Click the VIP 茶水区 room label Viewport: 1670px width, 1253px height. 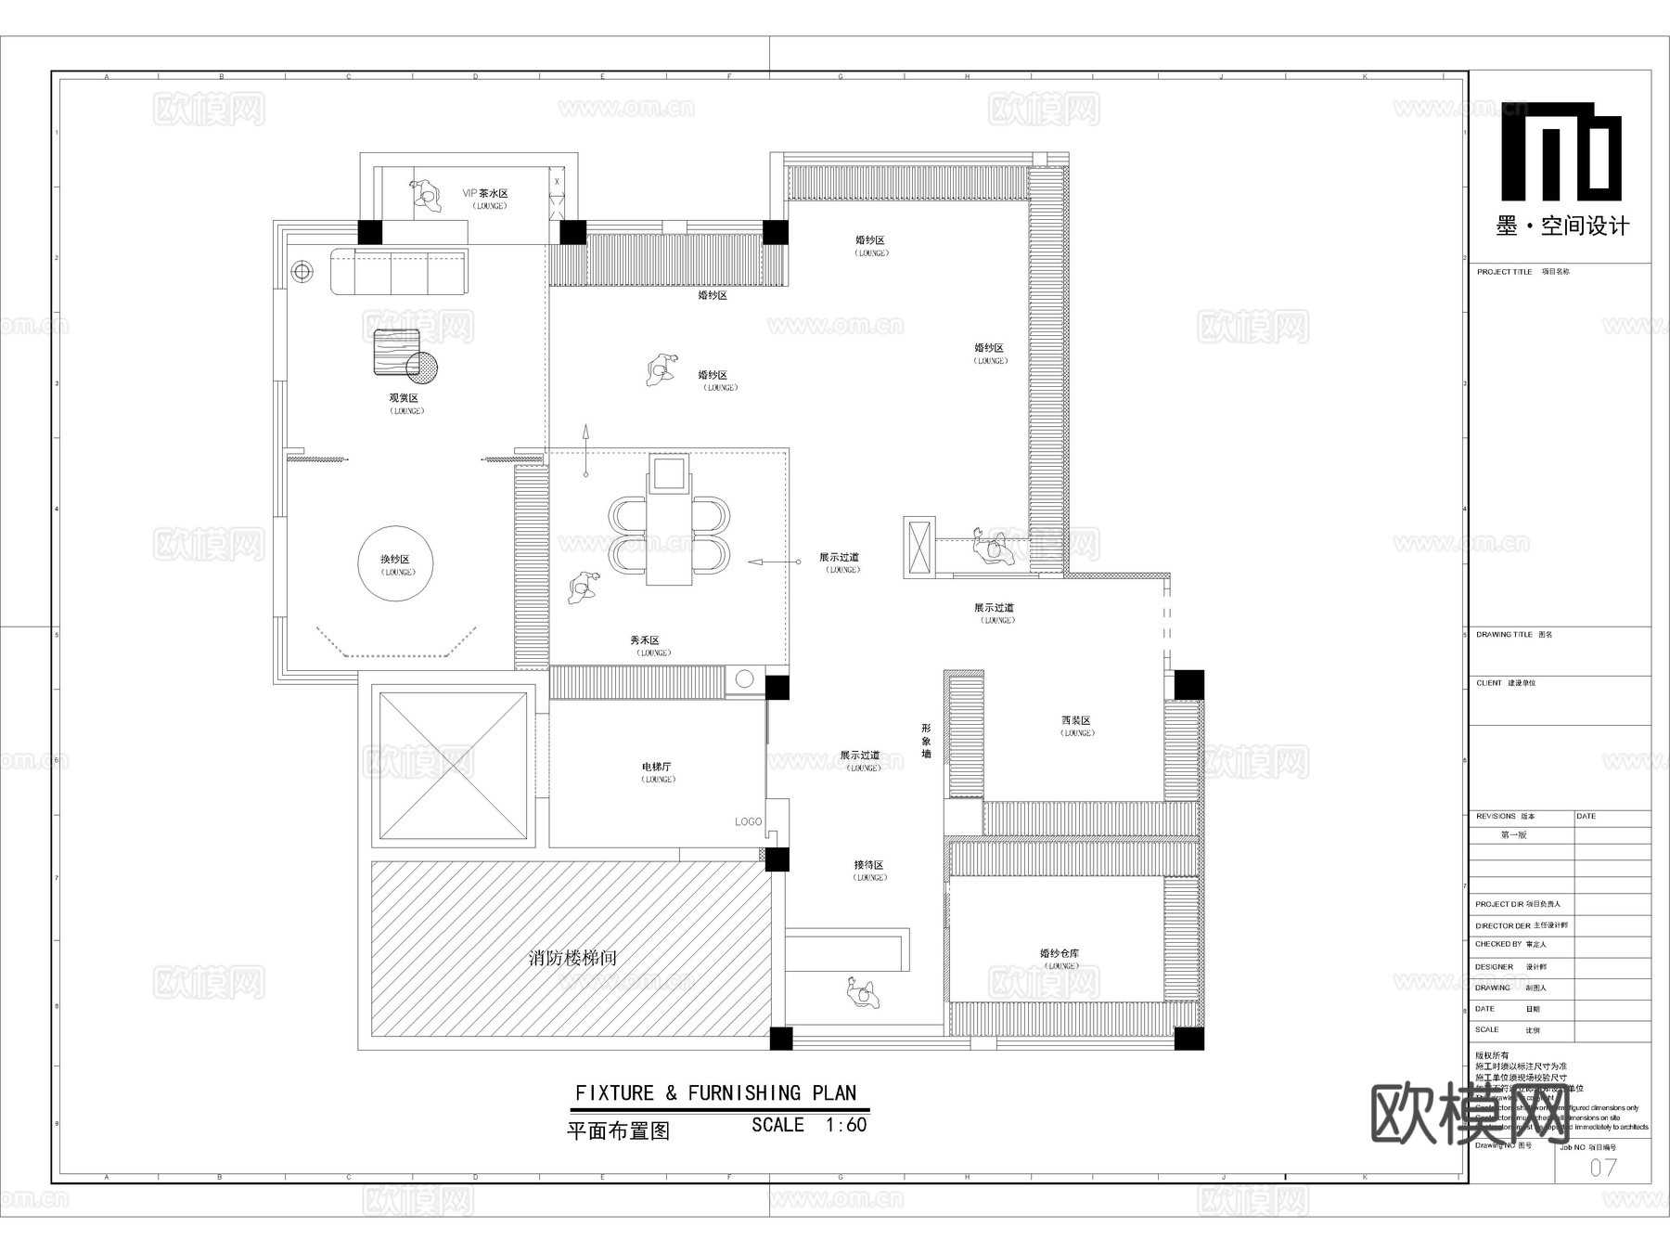(485, 193)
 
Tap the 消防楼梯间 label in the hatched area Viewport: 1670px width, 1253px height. (572, 957)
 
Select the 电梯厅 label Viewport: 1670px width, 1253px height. (656, 767)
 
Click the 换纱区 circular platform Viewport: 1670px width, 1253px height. (396, 563)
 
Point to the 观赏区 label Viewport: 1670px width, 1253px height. (404, 398)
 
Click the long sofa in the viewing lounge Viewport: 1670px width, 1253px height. (399, 271)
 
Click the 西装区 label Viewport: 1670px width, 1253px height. (1076, 720)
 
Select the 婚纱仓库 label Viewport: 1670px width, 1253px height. (1060, 953)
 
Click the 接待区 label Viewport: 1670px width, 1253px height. (868, 865)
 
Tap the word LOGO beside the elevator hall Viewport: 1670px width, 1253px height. (748, 821)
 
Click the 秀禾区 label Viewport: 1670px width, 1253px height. (644, 640)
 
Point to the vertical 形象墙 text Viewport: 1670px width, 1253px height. (926, 741)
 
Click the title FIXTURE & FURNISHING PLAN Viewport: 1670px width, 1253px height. (715, 1093)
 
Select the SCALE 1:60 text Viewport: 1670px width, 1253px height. (809, 1125)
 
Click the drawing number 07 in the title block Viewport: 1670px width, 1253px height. (1602, 1168)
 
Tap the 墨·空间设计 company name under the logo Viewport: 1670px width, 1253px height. (1562, 226)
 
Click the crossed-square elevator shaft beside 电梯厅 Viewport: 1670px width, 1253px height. (453, 766)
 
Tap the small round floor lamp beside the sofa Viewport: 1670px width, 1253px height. (302, 271)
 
